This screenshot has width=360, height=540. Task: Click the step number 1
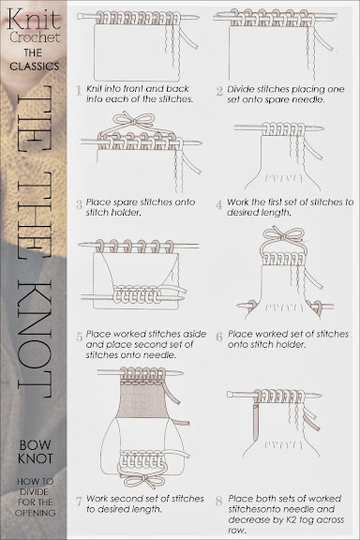[x=79, y=91]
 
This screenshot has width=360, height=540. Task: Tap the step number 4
[x=219, y=204]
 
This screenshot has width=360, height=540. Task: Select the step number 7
[x=79, y=502]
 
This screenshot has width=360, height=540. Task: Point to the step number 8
[x=219, y=501]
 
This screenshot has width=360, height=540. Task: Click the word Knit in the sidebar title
[x=34, y=20]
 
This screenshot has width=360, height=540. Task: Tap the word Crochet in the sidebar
[x=35, y=37]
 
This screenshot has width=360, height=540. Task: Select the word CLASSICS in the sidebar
[x=35, y=67]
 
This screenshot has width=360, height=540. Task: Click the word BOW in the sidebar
[x=35, y=445]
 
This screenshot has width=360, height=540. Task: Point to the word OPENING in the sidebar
[x=35, y=513]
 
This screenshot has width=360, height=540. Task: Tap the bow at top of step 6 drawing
[x=283, y=235]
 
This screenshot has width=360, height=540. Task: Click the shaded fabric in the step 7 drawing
[x=142, y=400]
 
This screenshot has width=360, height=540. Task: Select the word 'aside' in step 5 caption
[x=195, y=334]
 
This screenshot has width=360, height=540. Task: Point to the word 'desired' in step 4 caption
[x=241, y=212]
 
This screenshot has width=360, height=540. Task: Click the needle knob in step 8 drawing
[x=230, y=395]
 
